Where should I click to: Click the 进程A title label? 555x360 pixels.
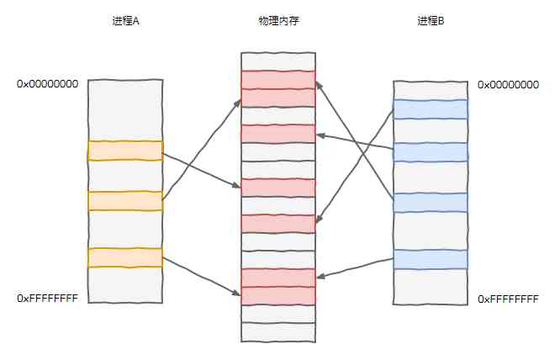click(x=125, y=21)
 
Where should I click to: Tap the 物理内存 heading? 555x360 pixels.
click(x=278, y=21)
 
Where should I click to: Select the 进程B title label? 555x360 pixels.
click(x=431, y=21)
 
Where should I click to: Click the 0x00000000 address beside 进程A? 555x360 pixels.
click(x=47, y=84)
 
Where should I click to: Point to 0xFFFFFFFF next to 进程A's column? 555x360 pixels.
click(x=47, y=299)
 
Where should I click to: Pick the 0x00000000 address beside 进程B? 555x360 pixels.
click(x=508, y=85)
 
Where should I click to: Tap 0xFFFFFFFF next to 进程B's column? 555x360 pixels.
click(x=508, y=299)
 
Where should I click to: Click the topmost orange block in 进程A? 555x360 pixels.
click(x=125, y=151)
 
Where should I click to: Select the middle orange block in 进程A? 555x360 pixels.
click(x=125, y=201)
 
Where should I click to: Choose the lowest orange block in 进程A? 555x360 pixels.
click(x=125, y=257)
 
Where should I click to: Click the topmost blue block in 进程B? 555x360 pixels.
click(x=431, y=109)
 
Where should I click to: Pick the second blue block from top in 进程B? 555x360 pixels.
click(x=431, y=152)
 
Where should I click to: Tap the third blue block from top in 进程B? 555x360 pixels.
click(x=431, y=203)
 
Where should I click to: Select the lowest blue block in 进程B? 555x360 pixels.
click(x=431, y=259)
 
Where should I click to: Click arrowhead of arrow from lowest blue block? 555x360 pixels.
click(x=320, y=277)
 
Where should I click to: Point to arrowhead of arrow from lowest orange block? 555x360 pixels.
click(x=237, y=293)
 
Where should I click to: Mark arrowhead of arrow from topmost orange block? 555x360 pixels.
click(x=237, y=186)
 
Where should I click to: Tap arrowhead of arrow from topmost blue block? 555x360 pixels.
click(x=318, y=220)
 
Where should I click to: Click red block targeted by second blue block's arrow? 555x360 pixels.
click(x=278, y=134)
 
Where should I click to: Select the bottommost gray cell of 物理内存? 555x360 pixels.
click(x=278, y=332)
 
